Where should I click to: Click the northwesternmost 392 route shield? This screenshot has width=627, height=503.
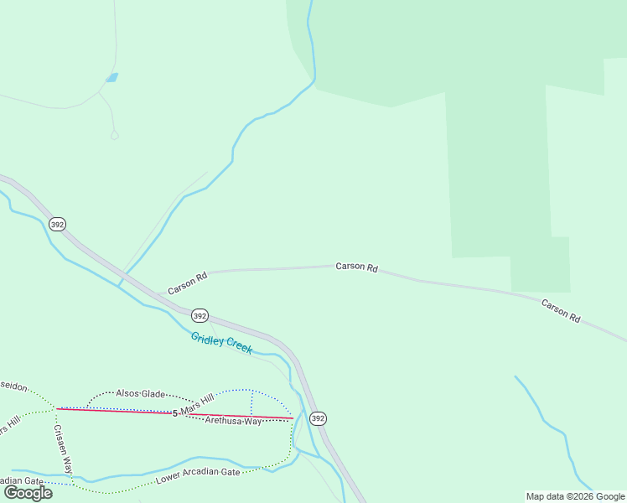click(x=57, y=225)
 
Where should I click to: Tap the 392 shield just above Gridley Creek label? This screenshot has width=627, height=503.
click(x=199, y=315)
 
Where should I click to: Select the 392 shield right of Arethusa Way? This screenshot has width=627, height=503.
click(x=318, y=417)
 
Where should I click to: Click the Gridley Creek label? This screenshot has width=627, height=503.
click(x=221, y=343)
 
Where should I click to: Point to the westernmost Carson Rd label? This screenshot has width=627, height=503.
click(x=187, y=283)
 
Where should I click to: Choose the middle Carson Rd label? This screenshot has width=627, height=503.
click(x=356, y=267)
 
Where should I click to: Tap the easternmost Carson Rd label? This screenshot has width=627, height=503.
click(x=561, y=311)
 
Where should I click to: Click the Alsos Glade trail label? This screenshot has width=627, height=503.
click(x=140, y=393)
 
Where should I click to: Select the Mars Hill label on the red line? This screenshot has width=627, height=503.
click(x=197, y=409)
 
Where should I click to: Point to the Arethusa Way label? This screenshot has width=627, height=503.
click(x=234, y=421)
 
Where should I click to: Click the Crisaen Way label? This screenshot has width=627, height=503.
click(x=64, y=449)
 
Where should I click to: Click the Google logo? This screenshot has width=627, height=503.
click(x=28, y=493)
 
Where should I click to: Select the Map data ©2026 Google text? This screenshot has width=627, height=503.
click(x=575, y=496)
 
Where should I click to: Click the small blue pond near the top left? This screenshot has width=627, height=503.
click(x=111, y=78)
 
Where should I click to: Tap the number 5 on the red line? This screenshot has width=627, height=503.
click(x=175, y=413)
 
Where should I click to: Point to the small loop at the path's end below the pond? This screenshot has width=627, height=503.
click(x=115, y=134)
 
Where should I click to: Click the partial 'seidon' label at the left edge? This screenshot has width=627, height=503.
click(x=14, y=387)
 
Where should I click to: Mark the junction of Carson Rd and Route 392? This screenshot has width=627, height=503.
click(x=156, y=294)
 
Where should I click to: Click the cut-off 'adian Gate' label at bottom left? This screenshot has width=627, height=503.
click(x=22, y=480)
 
